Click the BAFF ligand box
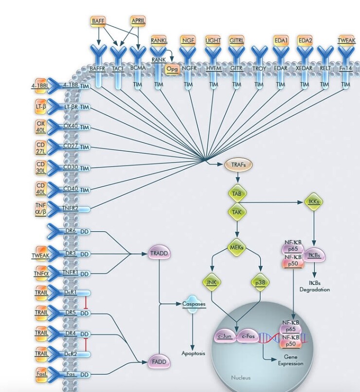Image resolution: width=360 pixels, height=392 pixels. pyautogui.click(x=98, y=21)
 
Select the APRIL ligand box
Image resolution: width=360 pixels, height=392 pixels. pyautogui.click(x=138, y=21)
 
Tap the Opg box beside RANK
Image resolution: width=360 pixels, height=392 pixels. pyautogui.click(x=172, y=69)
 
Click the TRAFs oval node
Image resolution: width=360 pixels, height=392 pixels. pyautogui.click(x=235, y=165)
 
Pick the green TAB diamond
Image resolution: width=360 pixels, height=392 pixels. pyautogui.click(x=236, y=193)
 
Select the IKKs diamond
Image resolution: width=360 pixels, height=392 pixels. pyautogui.click(x=316, y=202)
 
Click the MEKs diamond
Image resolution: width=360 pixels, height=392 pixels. pyautogui.click(x=236, y=248)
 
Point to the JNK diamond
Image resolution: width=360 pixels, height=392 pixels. pyautogui.click(x=211, y=282)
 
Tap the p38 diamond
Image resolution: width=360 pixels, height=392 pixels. pyautogui.click(x=262, y=282)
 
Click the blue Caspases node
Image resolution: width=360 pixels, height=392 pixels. pyautogui.click(x=194, y=304)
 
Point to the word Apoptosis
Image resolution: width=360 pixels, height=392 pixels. pyautogui.click(x=194, y=353)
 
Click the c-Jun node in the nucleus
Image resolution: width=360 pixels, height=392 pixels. pyautogui.click(x=225, y=336)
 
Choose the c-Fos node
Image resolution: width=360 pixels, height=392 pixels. pyautogui.click(x=247, y=336)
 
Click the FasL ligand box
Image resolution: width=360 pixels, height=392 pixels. pyautogui.click(x=41, y=374)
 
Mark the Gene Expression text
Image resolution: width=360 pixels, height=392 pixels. pyautogui.click(x=291, y=360)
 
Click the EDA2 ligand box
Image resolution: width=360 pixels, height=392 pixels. pyautogui.click(x=305, y=40)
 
